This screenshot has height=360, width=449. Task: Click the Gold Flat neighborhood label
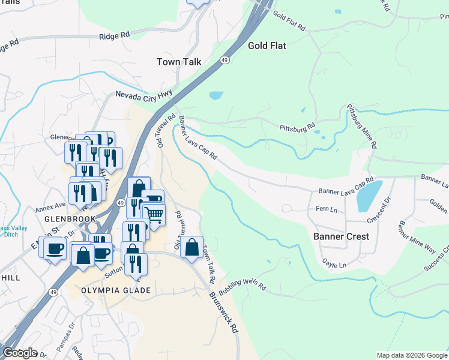click(267, 46)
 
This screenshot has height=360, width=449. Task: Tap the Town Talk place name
click(179, 62)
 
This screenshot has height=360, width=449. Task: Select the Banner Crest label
click(341, 236)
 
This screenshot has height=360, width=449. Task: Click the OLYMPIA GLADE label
click(115, 291)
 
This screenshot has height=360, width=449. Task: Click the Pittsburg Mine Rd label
click(363, 127)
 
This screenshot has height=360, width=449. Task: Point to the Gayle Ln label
click(334, 264)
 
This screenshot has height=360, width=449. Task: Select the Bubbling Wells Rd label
click(243, 284)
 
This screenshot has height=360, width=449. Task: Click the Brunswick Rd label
click(224, 314)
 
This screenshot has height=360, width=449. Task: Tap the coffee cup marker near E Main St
click(55, 248)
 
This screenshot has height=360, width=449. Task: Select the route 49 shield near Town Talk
click(224, 61)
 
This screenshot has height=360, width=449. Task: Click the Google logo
click(20, 353)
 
